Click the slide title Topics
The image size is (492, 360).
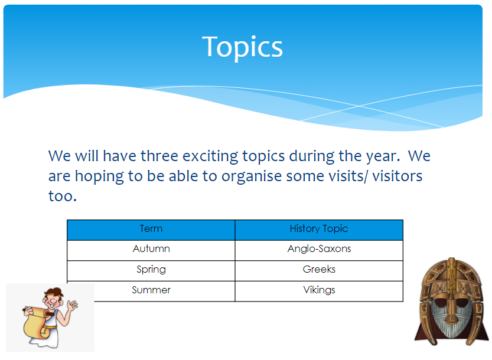pos(242,47)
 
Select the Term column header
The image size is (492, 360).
pos(151,230)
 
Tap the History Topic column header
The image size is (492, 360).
pos(319,230)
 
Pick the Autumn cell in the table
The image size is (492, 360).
pos(151,250)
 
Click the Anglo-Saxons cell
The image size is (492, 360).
pos(319,250)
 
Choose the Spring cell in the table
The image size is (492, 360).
pos(151,271)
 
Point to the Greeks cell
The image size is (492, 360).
pos(319,271)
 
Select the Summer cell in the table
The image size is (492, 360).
pos(151,291)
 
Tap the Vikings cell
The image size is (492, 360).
pos(319,291)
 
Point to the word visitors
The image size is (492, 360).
pos(397,176)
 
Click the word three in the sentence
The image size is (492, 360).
pos(159,156)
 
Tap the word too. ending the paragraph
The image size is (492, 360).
pos(63,197)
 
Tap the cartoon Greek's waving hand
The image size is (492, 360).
pos(72,305)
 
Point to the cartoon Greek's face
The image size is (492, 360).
pos(53,299)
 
